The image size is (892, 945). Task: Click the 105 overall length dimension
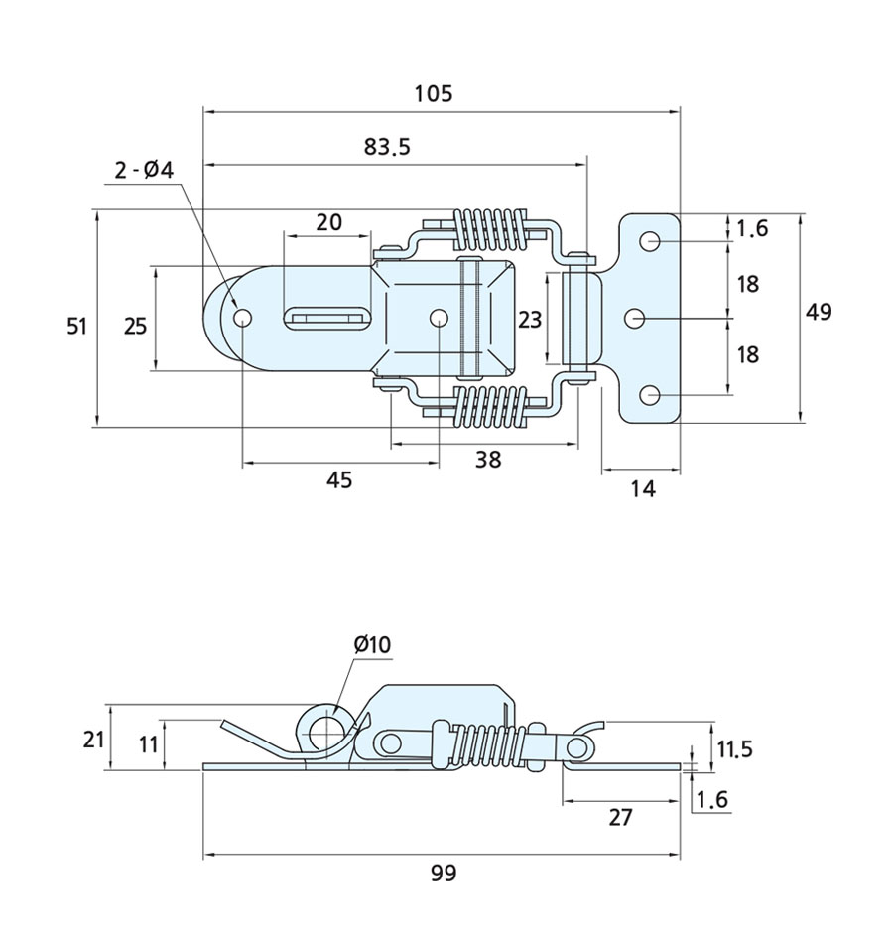tap(433, 94)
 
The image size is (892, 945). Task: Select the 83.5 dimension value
tap(386, 147)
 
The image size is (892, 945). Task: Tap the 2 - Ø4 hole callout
tap(144, 170)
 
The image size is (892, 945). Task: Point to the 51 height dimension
tap(77, 325)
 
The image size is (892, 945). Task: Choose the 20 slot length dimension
tap(328, 222)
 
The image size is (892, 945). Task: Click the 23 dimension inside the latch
tap(531, 319)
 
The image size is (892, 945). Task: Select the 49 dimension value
tap(819, 312)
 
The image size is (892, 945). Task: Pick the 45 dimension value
tap(339, 480)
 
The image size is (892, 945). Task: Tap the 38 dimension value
tap(488, 459)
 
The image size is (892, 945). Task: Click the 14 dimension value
tap(643, 488)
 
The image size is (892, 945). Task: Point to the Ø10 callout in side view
tap(373, 645)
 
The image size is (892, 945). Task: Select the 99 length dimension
tap(444, 873)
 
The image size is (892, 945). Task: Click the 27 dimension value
tap(620, 818)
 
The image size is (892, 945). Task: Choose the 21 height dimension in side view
tap(93, 739)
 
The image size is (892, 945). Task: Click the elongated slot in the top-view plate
tap(327, 319)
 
